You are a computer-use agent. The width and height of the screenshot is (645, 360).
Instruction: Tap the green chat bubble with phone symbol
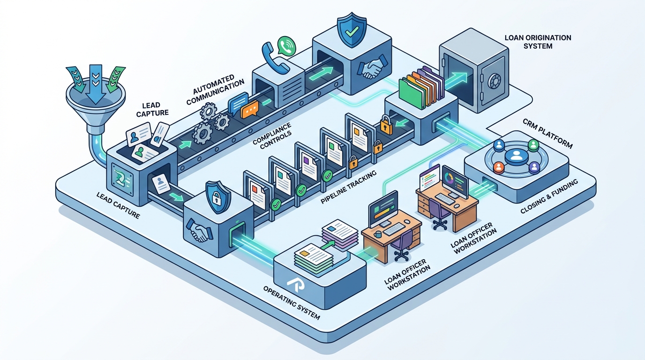coord(286,46)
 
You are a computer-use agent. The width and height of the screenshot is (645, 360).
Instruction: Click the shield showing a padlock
coord(218,197)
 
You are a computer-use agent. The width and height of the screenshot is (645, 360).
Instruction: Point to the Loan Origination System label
coord(538,42)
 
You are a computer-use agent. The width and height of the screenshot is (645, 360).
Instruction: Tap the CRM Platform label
coord(547,134)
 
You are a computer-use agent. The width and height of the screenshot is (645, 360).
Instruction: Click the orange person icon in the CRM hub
coord(499,167)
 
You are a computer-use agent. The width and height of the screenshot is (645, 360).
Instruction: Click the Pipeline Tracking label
coord(348,187)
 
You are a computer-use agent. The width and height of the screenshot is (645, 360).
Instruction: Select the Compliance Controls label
coord(272,135)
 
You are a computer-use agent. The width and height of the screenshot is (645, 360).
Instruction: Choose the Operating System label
coord(292,302)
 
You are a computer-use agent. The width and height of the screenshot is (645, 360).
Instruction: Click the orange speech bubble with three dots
coord(249,109)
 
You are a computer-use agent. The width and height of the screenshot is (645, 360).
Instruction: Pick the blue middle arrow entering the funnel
coord(96,84)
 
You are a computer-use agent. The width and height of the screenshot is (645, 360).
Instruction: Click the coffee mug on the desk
coord(378,234)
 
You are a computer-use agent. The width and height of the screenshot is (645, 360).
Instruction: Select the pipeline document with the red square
coord(257,195)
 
